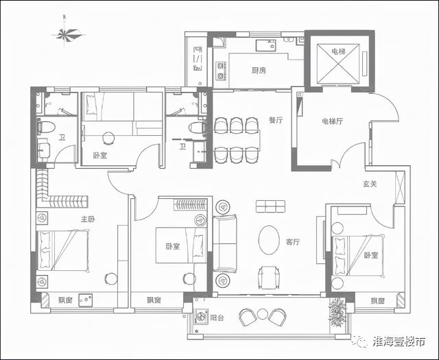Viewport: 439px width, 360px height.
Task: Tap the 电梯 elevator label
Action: point(338,51)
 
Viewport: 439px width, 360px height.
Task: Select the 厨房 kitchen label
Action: point(259,70)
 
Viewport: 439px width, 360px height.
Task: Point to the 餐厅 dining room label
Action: point(276,120)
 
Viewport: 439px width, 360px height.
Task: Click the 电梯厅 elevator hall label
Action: point(332,121)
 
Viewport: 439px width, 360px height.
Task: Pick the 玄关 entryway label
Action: point(370,184)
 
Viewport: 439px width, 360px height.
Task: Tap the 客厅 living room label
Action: point(293,241)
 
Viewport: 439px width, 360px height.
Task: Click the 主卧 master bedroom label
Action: point(88,219)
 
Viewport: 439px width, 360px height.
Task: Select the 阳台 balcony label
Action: point(217,317)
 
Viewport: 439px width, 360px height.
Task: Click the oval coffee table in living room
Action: point(269,240)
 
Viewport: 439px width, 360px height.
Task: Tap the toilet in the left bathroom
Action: point(46,127)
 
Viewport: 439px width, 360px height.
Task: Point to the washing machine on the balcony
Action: point(202,316)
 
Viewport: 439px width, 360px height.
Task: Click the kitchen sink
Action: point(266,45)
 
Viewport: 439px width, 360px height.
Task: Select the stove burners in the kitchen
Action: point(221,71)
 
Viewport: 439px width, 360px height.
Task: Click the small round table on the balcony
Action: point(263,314)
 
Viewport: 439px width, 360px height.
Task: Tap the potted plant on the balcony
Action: point(337,313)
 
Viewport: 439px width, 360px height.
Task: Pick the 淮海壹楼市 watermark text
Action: point(399,341)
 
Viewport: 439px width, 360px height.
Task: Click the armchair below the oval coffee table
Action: point(269,277)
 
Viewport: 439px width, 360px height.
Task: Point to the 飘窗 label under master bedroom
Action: point(65,300)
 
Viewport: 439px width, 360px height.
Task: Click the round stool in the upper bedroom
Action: point(108,138)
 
